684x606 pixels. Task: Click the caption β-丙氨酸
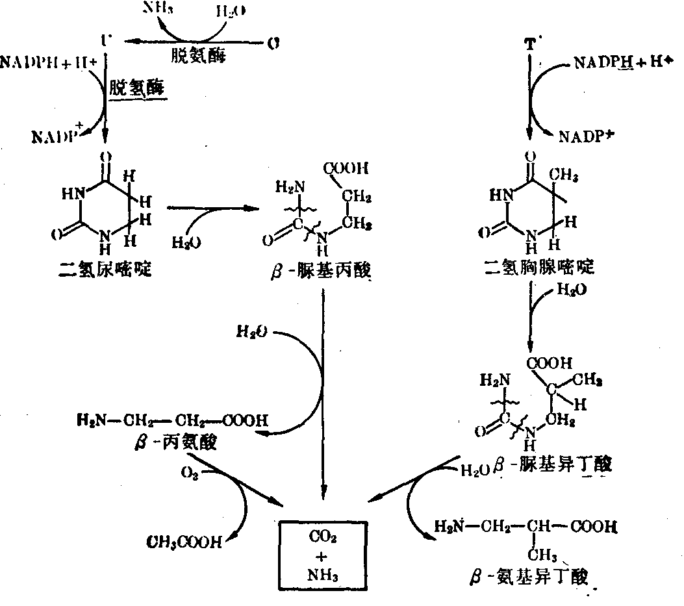click(x=174, y=443)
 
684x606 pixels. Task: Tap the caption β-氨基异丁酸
click(x=531, y=577)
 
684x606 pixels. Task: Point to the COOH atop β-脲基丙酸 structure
click(x=346, y=169)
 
